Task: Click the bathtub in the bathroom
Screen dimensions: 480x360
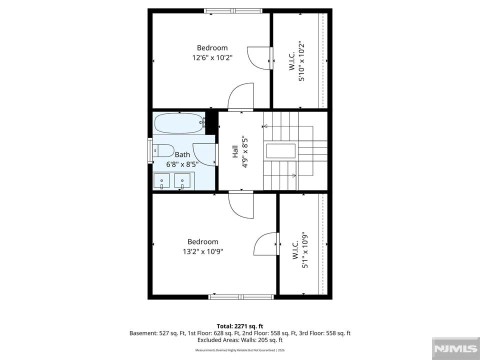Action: tap(179, 123)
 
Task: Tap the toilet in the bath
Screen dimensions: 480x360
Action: tap(164, 150)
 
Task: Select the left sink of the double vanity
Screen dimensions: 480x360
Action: tap(161, 180)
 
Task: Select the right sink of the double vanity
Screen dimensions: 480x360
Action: tap(182, 180)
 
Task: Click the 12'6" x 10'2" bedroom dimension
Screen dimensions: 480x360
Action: tap(212, 57)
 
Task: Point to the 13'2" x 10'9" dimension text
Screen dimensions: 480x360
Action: tap(203, 251)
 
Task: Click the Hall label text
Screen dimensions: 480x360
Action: tap(235, 151)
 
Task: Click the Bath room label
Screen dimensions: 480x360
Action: tap(182, 154)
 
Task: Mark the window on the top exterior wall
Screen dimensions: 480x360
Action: tap(233, 10)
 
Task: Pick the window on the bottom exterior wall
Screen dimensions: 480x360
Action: tap(241, 297)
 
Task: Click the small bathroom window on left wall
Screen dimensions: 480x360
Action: tap(150, 150)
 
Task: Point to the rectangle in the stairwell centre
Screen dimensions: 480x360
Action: tap(281, 151)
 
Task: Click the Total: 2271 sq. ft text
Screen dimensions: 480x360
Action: tap(240, 326)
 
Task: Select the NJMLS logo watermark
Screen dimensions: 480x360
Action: tap(456, 348)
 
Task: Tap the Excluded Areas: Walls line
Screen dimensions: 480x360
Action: tap(240, 340)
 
